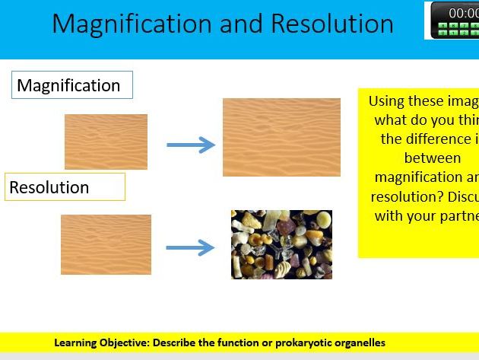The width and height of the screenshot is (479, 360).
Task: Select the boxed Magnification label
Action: [x=71, y=85]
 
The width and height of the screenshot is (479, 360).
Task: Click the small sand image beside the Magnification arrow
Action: [x=106, y=142]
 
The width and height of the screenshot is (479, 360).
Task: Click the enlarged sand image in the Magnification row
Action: [x=281, y=137]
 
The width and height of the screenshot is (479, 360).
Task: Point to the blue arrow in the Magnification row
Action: [x=191, y=145]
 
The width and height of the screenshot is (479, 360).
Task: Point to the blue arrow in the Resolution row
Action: [x=191, y=247]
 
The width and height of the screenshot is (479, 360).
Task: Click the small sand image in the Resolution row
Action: [x=106, y=244]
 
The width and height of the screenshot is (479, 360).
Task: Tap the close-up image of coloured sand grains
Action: [x=281, y=244]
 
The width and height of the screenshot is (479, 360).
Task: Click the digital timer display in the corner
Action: [x=455, y=20]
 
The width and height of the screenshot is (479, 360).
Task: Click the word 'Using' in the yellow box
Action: [x=386, y=101]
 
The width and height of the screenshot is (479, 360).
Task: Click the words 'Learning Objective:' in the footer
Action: [x=102, y=342]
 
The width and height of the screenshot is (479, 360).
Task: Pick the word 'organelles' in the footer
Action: [x=359, y=342]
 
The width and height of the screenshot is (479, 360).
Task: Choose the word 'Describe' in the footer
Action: [x=177, y=342]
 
